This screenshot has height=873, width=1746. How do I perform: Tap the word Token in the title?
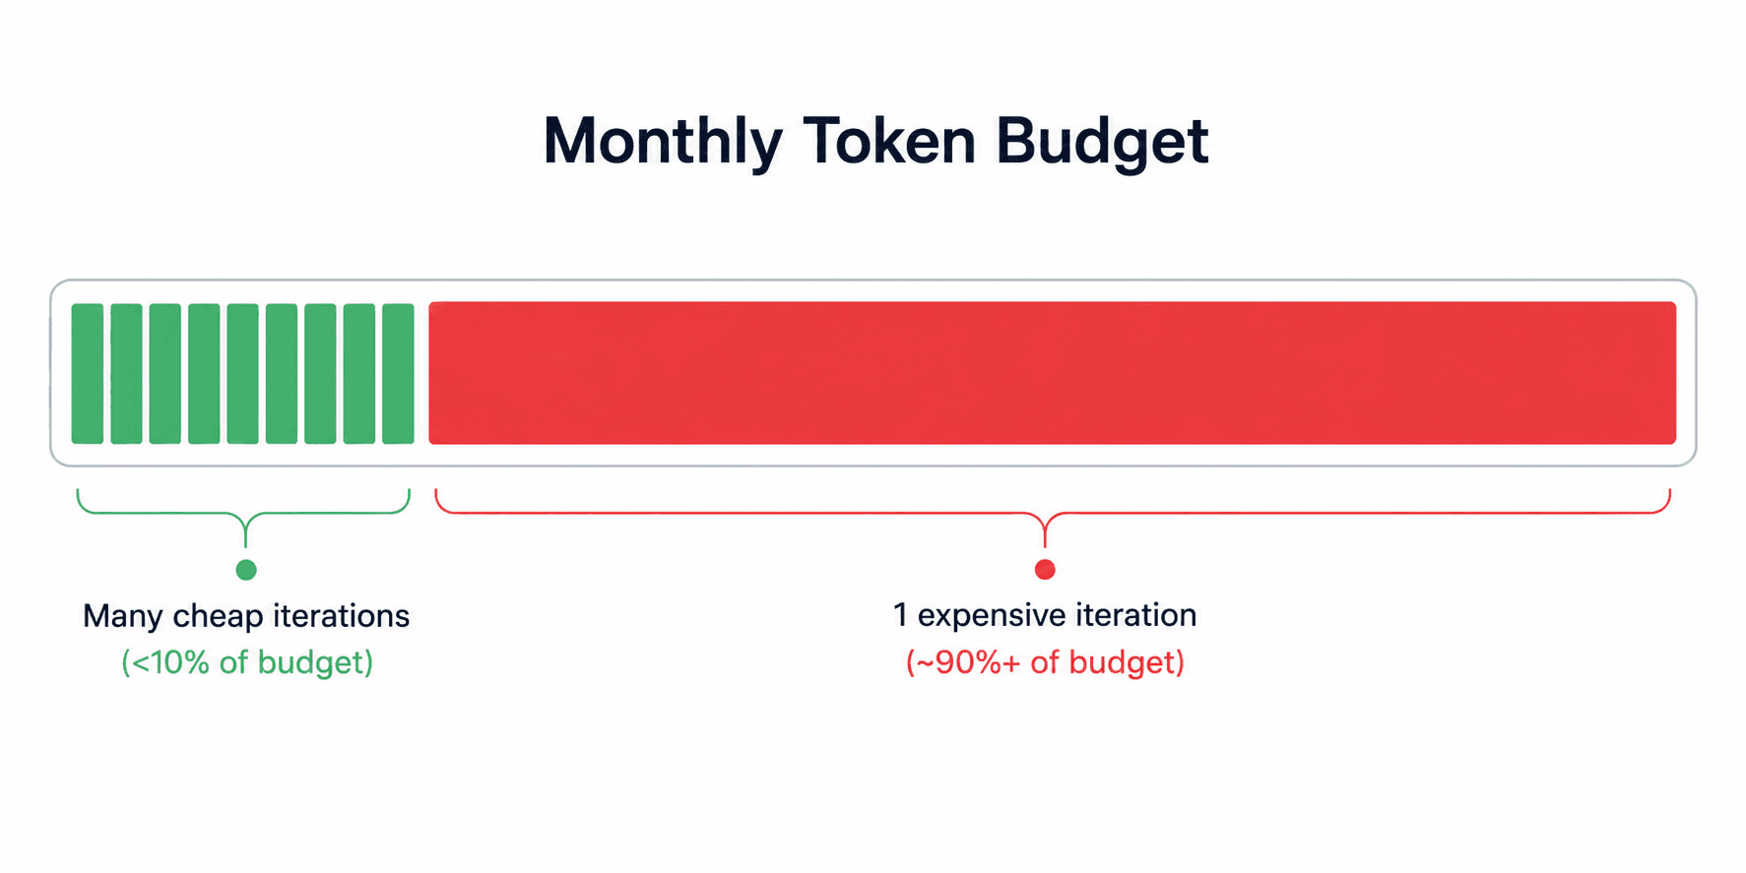(x=888, y=141)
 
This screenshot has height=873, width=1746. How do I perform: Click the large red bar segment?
(x=1052, y=373)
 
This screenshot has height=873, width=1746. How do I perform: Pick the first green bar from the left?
(x=88, y=373)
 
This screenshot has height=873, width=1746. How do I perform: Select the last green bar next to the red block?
(x=398, y=373)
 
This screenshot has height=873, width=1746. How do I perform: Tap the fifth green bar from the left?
(x=242, y=373)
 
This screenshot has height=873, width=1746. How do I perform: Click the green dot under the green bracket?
(x=246, y=570)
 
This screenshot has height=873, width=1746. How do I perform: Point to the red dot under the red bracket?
(x=1045, y=570)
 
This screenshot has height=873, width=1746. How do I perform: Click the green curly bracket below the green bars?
(x=245, y=513)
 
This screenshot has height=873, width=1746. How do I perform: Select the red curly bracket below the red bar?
(x=1045, y=513)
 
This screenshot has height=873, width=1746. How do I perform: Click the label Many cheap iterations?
(x=246, y=616)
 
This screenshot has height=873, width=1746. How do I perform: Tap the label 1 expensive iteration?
(x=1045, y=615)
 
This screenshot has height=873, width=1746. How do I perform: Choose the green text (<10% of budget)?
(x=247, y=662)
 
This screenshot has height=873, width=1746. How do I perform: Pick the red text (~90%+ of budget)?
(x=1045, y=662)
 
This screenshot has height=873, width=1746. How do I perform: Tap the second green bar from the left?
(x=126, y=373)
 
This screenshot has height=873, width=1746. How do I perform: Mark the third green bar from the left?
(x=164, y=373)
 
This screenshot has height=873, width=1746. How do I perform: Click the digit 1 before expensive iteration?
(x=900, y=614)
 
